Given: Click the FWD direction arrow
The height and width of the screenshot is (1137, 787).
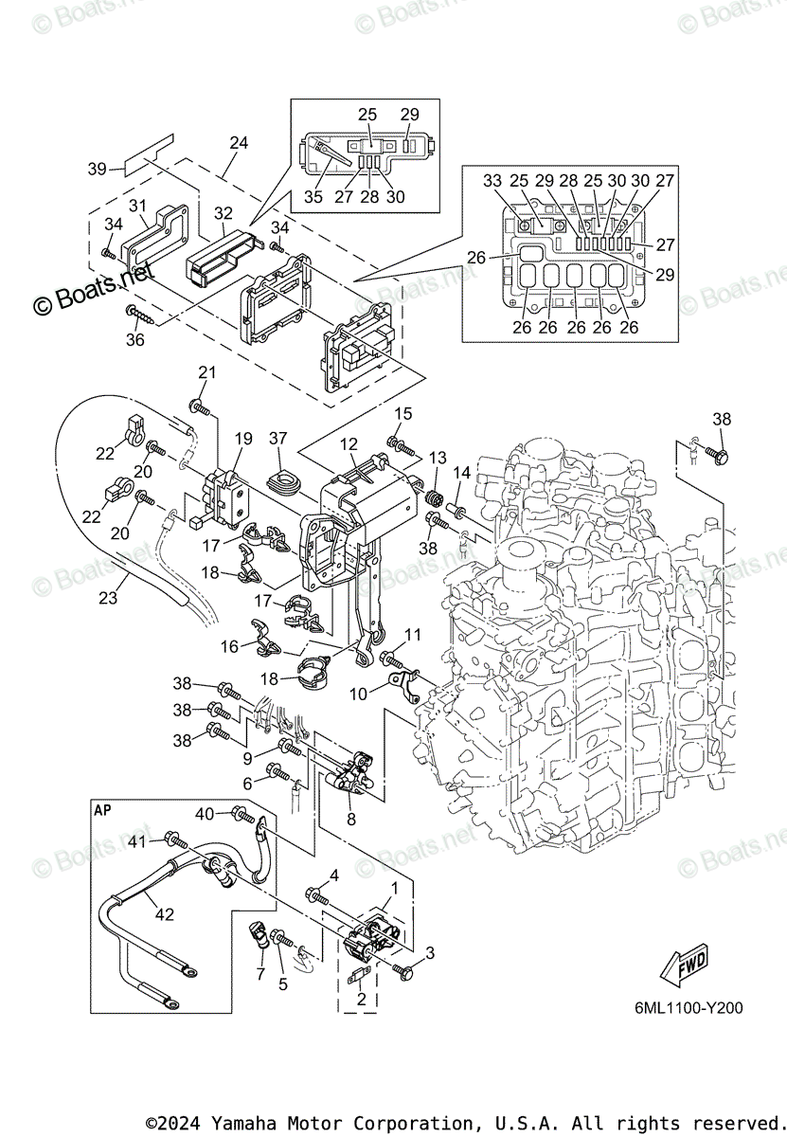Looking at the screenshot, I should point(684,966).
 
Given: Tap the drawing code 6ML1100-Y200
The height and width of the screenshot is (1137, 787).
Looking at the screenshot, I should point(689,1008).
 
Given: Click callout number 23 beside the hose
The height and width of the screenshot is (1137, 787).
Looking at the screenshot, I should point(109,598).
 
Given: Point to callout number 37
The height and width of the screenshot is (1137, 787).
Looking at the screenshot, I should point(277,438).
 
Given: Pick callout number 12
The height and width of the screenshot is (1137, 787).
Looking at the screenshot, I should point(349,443).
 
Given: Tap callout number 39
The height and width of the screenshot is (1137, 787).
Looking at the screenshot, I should point(97,169).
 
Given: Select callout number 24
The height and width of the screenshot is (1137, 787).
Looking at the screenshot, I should point(239,143).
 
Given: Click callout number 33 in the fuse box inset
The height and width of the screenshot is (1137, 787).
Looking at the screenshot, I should point(492,181).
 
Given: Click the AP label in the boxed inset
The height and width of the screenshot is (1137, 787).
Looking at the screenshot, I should point(101,811).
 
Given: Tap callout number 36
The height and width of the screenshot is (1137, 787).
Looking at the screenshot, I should point(135,338).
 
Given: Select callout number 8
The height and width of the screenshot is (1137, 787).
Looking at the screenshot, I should point(350,820).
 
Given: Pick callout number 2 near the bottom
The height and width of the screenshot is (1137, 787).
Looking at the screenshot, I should point(360,1000).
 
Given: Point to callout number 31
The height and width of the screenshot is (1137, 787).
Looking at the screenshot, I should point(137,206).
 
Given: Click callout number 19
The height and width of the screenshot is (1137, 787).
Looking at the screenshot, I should point(243,439).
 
